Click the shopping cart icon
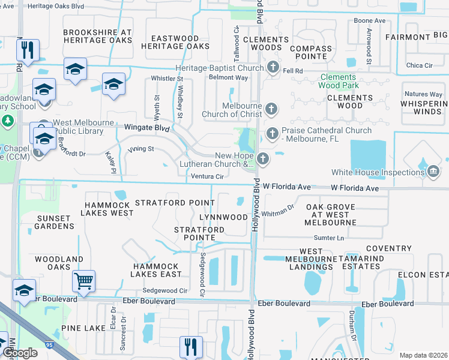(x=84, y=280)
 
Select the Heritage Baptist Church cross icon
(x=273, y=68)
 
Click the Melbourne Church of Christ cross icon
(x=271, y=109)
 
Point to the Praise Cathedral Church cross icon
(x=271, y=133)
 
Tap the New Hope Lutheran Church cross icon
(x=263, y=159)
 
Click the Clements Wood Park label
(x=348, y=81)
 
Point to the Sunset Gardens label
(x=55, y=222)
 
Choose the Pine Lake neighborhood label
(x=83, y=328)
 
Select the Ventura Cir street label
(x=207, y=176)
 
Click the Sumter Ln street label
(x=330, y=238)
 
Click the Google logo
(x=20, y=352)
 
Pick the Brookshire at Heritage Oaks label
(x=97, y=36)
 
